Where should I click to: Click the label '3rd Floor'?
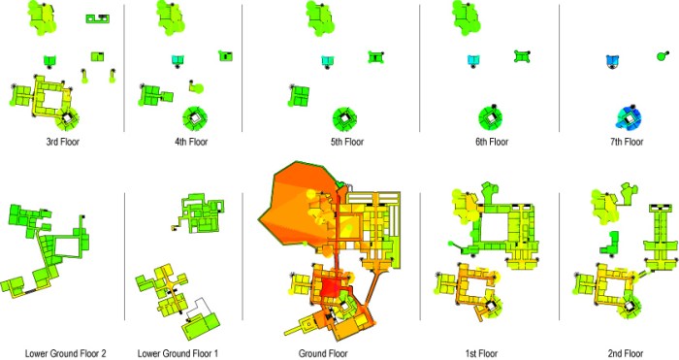tap(63, 142)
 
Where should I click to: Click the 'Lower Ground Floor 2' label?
tap(64, 352)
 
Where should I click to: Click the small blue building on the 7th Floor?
tap(613, 61)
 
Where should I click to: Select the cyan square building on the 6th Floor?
tap(472, 60)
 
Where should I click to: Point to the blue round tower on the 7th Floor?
tap(630, 117)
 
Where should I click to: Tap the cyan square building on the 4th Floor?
tap(178, 60)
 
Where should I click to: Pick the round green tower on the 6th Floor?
tap(491, 118)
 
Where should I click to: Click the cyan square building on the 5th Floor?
tap(328, 60)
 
